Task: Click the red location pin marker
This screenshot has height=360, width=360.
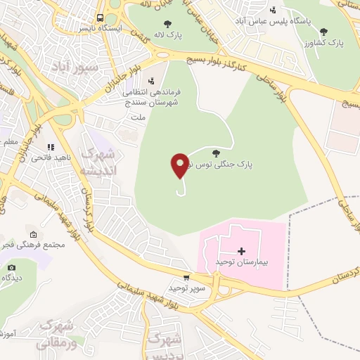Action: click(179, 165)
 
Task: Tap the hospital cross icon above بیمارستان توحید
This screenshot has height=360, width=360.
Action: click(242, 251)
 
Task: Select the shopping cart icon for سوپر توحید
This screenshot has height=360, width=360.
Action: click(186, 278)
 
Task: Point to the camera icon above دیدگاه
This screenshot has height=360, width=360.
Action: click(11, 267)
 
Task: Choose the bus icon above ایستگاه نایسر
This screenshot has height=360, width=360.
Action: click(101, 18)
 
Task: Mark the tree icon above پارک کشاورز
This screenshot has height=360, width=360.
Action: click(323, 32)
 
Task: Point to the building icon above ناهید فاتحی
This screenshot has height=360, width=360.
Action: click(51, 148)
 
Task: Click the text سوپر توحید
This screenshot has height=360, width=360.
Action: click(185, 288)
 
